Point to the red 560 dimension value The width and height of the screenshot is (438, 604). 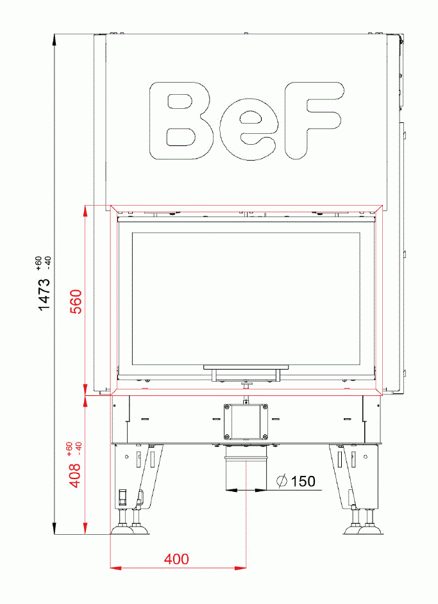[x=76, y=301]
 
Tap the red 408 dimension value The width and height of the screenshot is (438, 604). [x=75, y=475]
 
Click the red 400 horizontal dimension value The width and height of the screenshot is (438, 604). [x=176, y=559]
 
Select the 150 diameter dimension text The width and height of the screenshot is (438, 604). [x=303, y=481]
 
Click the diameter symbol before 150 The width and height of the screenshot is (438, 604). [x=282, y=481]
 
